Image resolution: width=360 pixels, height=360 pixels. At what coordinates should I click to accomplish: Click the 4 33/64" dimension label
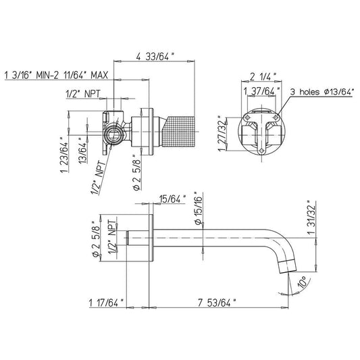[x=155, y=57]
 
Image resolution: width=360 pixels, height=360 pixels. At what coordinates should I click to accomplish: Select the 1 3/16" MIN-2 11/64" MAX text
[x=56, y=75]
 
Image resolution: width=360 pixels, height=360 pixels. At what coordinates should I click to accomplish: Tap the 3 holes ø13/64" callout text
[x=322, y=92]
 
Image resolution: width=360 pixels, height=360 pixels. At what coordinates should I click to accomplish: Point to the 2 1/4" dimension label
[x=263, y=76]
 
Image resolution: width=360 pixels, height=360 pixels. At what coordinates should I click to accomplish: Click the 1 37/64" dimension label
[x=262, y=91]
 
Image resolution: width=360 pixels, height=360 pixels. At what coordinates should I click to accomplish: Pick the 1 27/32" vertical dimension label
[x=222, y=133]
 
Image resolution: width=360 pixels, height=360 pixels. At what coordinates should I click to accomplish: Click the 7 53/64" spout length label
[x=217, y=303]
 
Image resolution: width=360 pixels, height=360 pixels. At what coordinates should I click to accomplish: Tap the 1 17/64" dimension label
[x=106, y=303]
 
